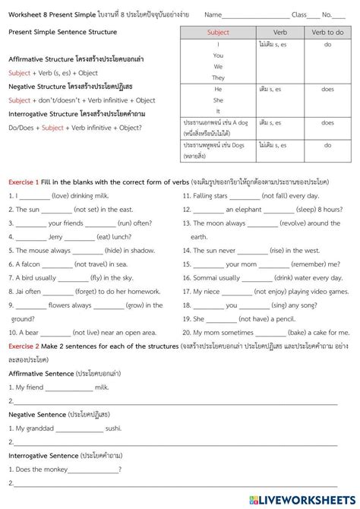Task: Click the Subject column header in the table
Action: [218, 33]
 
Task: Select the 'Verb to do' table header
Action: [327, 33]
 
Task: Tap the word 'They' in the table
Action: [218, 77]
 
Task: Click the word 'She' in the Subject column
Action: [218, 100]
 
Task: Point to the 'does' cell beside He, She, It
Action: [327, 89]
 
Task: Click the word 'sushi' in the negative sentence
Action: [114, 428]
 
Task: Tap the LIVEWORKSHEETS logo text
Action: [312, 499]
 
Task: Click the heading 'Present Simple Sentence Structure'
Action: [62, 33]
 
